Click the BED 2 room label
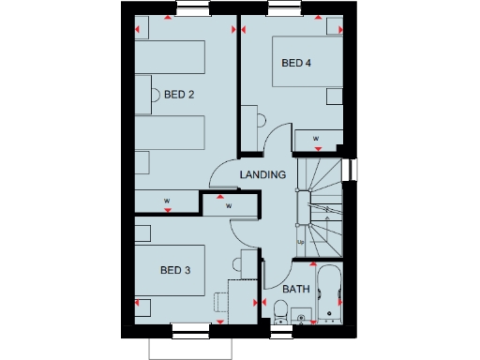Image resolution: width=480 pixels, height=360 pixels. [179, 95]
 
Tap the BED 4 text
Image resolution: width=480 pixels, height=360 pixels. [296, 64]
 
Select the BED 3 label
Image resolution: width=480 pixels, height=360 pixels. [175, 270]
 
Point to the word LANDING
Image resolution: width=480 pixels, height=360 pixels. [262, 175]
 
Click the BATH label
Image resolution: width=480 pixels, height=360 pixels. [296, 290]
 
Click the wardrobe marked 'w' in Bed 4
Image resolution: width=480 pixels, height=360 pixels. [316, 140]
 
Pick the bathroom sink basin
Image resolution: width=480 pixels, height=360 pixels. [303, 318]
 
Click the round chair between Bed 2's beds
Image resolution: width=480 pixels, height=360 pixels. [156, 94]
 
